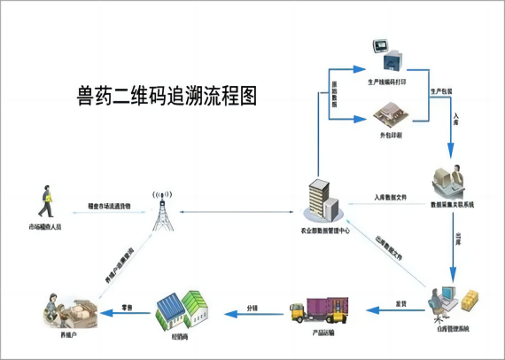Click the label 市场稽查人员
44,228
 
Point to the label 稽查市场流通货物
109,205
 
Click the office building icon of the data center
321,203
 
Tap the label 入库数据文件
390,197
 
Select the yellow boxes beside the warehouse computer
470,297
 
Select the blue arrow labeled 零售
125,314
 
